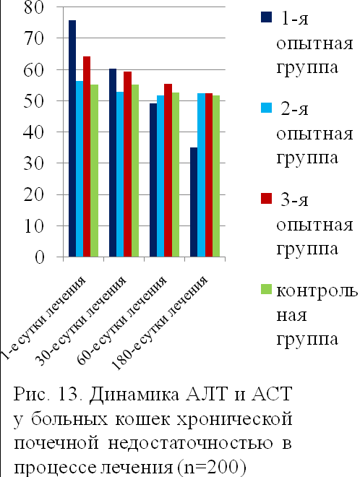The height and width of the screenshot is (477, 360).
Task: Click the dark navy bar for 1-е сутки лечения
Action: [72, 139]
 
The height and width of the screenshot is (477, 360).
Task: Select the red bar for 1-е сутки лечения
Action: [87, 156]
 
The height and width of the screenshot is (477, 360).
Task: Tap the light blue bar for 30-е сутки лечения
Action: [120, 174]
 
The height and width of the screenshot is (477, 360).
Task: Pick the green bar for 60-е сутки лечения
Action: [175, 175]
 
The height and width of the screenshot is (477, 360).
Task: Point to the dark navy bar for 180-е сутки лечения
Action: [194, 202]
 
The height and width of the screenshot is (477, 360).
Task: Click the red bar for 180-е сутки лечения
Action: [208, 175]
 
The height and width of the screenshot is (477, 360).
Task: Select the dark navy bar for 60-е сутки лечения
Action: [153, 180]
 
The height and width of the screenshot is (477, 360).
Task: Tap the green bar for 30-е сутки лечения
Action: [134, 171]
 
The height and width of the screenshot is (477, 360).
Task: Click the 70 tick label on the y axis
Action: [34, 38]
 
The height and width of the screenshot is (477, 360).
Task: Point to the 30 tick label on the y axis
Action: [34, 163]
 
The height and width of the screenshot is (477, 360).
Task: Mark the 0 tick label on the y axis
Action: [39, 257]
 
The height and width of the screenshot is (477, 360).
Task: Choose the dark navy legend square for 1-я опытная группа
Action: [266, 17]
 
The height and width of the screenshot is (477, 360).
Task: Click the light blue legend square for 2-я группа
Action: [266, 108]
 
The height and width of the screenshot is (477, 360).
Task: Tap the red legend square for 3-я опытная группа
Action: [266, 198]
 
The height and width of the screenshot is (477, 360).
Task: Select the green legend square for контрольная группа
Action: [266, 289]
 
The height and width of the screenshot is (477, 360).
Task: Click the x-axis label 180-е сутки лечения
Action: [160, 323]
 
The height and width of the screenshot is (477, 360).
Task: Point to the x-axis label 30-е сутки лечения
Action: [81, 321]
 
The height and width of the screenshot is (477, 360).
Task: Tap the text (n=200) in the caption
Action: [211, 468]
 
